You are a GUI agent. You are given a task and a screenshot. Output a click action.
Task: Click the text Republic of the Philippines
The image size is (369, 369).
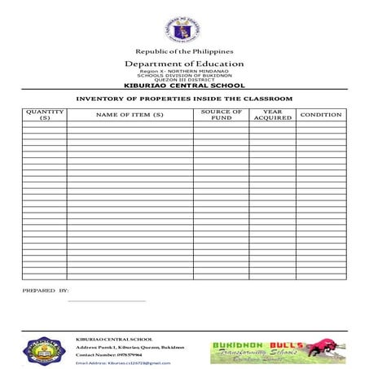(x=184, y=51)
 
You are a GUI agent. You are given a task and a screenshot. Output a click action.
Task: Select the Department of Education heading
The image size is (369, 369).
(x=184, y=64)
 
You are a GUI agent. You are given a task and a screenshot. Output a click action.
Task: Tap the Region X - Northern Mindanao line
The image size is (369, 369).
(x=184, y=72)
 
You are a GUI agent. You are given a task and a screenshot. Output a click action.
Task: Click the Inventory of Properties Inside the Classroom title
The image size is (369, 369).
(x=184, y=99)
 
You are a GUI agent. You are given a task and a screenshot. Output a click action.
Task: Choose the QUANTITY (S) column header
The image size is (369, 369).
(x=44, y=115)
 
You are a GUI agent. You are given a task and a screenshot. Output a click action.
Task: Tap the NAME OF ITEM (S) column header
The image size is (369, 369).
(x=130, y=115)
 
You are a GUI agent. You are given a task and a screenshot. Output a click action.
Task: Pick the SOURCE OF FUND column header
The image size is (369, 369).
(x=221, y=115)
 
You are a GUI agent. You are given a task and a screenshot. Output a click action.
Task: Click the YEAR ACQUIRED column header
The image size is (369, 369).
(x=272, y=115)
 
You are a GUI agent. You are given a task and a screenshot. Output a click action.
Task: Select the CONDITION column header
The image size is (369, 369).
(x=321, y=115)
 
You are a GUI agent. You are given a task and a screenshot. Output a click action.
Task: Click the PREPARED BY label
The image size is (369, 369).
(x=46, y=290)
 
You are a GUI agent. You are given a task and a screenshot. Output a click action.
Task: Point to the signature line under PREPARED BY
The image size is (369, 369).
(x=107, y=301)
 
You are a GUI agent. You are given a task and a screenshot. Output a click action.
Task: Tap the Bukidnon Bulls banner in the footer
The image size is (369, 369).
(x=278, y=352)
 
